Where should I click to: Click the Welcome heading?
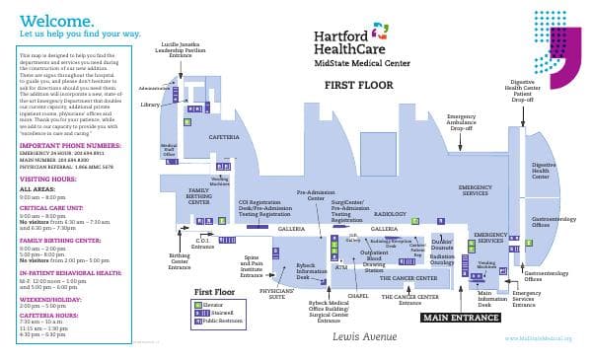pyautogui.click(x=57, y=20)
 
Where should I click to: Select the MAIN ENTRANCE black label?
pyautogui.click(x=460, y=318)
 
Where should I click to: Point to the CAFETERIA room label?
pyautogui.click(x=224, y=137)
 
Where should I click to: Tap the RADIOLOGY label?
pyautogui.click(x=390, y=213)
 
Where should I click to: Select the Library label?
pyautogui.click(x=150, y=104)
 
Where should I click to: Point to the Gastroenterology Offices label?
pyautogui.click(x=548, y=221)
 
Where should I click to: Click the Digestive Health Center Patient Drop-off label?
pyautogui.click(x=525, y=90)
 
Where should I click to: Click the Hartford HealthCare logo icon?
pyautogui.click(x=381, y=31)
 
